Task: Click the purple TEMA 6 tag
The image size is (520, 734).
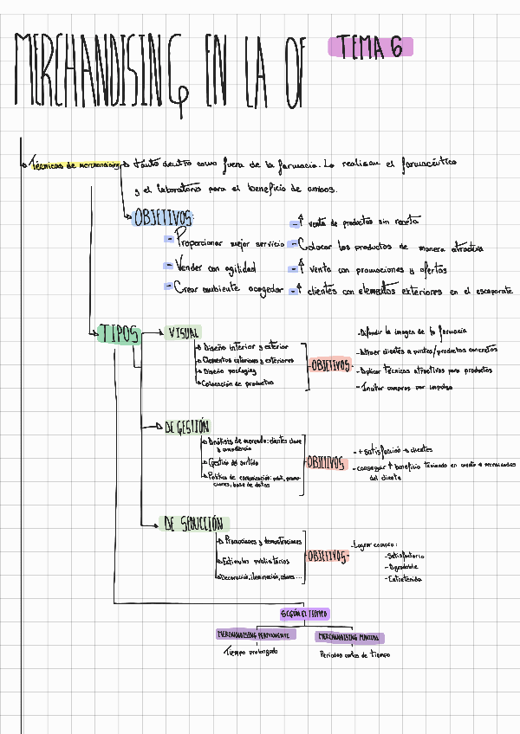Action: [370, 48]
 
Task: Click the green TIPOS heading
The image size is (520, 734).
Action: [120, 334]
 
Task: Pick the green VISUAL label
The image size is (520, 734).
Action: [184, 332]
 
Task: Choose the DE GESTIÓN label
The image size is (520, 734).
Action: [186, 427]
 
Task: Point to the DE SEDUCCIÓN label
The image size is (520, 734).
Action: [193, 524]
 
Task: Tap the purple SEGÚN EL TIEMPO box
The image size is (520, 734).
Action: [304, 614]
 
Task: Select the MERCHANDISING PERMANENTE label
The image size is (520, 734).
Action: [256, 634]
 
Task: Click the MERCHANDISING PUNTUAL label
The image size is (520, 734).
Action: [350, 638]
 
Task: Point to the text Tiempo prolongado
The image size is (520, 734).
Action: [251, 652]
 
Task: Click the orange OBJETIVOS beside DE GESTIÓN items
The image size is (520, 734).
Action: [325, 460]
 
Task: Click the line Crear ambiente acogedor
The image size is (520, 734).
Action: [228, 288]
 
